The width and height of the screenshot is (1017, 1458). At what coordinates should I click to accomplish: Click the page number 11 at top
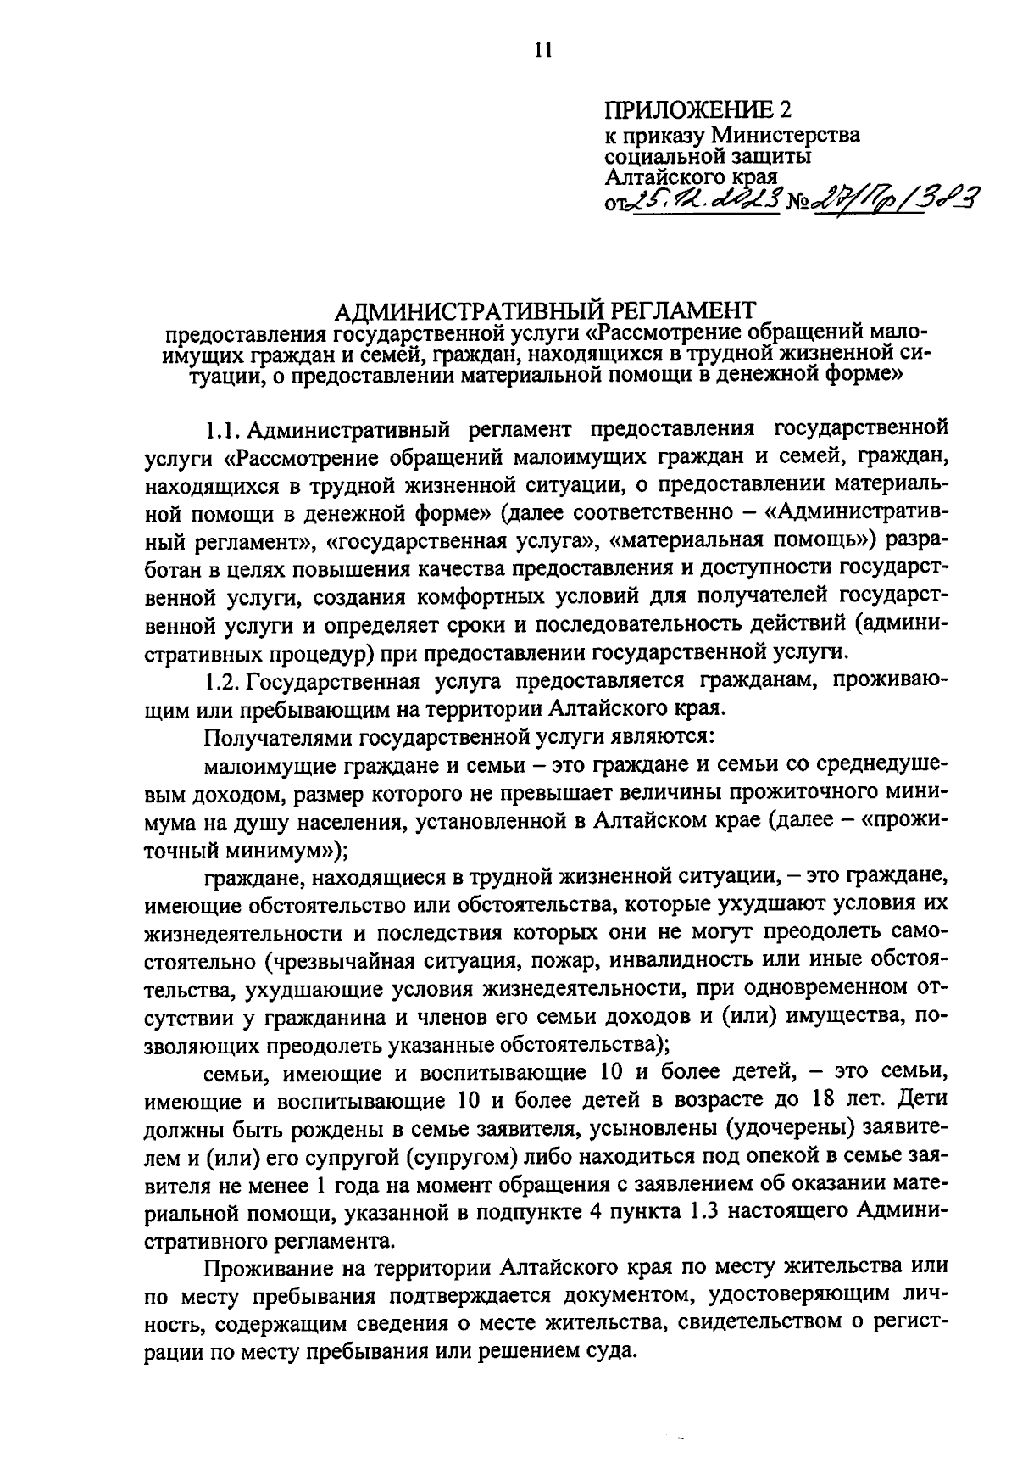[x=543, y=50]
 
